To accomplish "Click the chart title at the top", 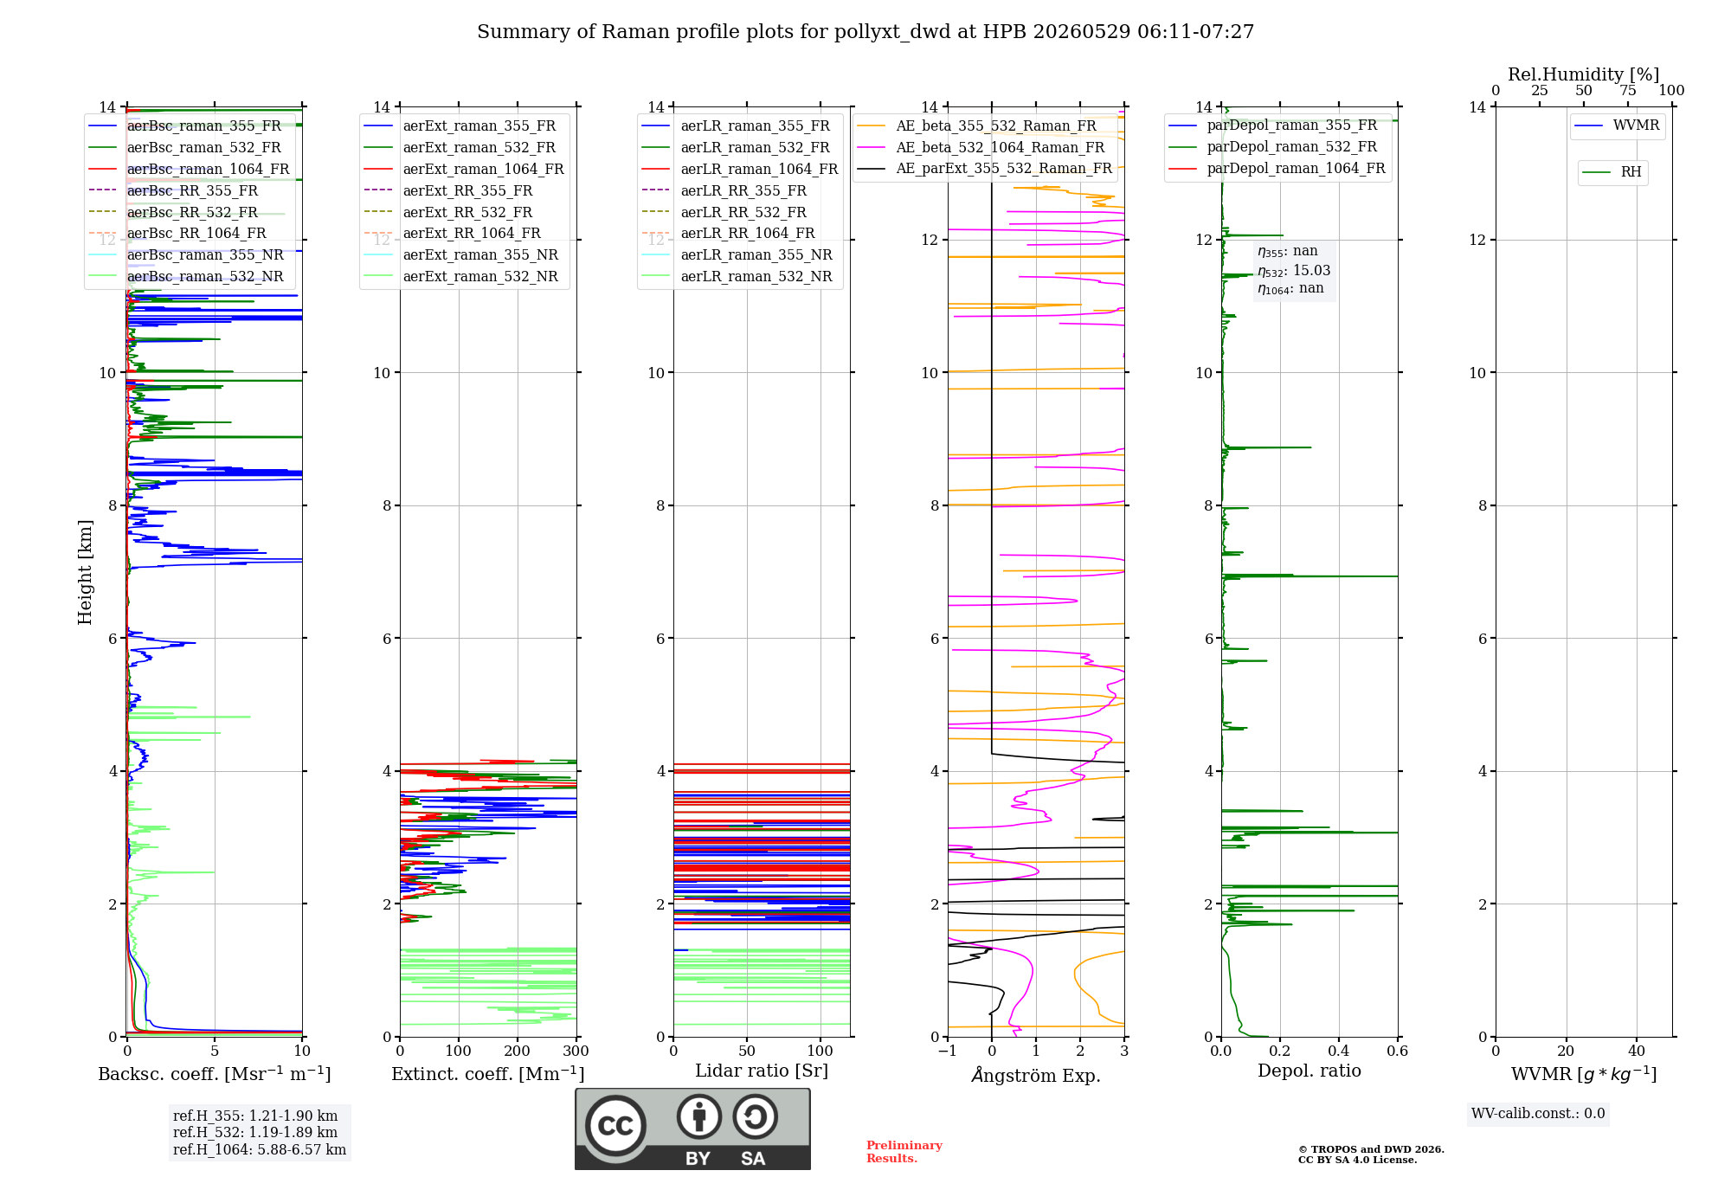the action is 865,32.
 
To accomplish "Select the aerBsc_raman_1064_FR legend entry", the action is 189,169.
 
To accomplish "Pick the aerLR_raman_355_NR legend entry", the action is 737,254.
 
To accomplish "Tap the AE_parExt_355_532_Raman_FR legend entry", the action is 984,168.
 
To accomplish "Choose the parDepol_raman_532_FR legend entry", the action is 1272,146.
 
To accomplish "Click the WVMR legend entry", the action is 1617,125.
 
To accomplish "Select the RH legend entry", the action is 1612,172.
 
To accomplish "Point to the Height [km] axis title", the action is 85,572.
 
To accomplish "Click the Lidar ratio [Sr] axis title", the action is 762,1071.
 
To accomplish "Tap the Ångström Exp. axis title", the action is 1036,1074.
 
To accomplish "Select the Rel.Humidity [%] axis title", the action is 1584,74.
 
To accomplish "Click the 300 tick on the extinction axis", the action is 576,1051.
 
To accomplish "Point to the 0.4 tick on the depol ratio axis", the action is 1339,1051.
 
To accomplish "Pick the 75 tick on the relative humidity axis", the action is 1628,91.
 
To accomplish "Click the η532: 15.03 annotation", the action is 1294,271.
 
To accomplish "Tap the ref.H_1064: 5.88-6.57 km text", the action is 260,1149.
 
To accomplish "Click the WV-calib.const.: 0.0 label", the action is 1538,1114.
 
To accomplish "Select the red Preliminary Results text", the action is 904,1152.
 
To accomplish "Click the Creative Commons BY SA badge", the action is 692,1129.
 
